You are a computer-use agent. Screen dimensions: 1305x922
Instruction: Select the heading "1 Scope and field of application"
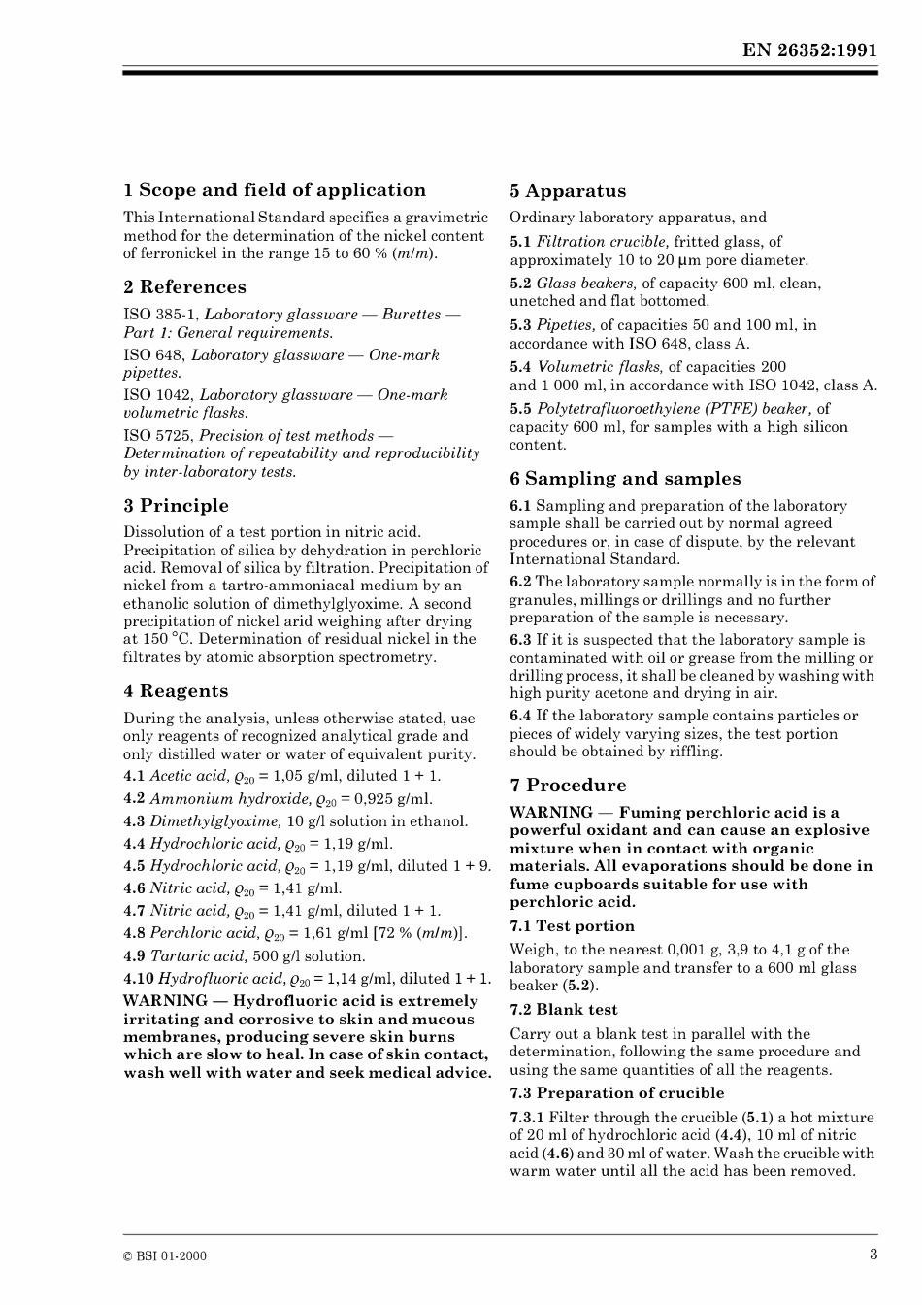pyautogui.click(x=275, y=190)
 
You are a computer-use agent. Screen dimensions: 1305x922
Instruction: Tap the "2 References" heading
pyautogui.click(x=184, y=287)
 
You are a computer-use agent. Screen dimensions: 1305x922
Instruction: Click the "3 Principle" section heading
pyautogui.click(x=176, y=506)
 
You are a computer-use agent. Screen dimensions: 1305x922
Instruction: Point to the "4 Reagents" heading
pyautogui.click(x=176, y=691)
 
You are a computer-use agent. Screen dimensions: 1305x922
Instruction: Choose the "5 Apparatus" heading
pyautogui.click(x=568, y=191)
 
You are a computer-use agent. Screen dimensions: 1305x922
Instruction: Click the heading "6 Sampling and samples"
pyautogui.click(x=625, y=479)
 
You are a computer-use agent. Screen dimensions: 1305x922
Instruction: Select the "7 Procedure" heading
pyautogui.click(x=568, y=786)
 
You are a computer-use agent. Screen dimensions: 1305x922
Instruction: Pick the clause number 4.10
pyautogui.click(x=139, y=979)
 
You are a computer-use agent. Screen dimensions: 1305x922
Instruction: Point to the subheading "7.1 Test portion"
pyautogui.click(x=572, y=926)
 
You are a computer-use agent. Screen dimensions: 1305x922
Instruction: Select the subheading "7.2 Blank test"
pyautogui.click(x=563, y=1010)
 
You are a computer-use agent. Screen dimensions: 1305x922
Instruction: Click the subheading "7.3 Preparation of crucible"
pyautogui.click(x=616, y=1093)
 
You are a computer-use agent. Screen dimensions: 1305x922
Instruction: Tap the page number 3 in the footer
pyautogui.click(x=873, y=1254)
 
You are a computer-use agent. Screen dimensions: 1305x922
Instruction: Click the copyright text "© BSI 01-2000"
pyautogui.click(x=165, y=1255)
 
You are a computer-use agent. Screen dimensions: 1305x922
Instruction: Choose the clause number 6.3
pyautogui.click(x=520, y=640)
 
